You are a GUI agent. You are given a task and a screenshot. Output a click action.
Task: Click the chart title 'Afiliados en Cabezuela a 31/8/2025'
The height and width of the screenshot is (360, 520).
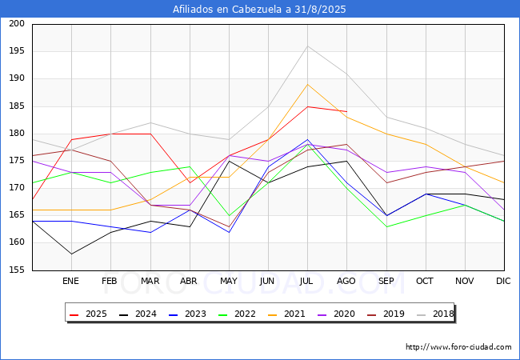(260, 9)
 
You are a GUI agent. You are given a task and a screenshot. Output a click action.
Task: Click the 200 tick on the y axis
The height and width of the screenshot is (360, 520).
(17, 24)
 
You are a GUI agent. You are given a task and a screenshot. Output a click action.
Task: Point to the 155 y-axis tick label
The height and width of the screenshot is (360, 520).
(17, 270)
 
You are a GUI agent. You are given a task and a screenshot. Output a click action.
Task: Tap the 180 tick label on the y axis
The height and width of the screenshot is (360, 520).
(17, 134)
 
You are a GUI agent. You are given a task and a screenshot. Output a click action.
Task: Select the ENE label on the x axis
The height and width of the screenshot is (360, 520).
(71, 282)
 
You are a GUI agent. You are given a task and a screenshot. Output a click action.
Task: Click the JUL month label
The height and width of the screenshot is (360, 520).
(307, 282)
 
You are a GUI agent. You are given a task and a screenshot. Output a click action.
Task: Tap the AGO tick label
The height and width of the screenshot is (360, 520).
(346, 282)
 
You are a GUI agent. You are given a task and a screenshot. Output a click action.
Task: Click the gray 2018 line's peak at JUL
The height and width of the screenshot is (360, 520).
(307, 46)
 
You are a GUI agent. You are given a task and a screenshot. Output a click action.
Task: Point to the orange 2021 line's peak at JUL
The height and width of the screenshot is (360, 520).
(307, 84)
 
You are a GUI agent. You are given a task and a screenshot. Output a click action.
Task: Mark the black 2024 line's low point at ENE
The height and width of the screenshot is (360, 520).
(71, 254)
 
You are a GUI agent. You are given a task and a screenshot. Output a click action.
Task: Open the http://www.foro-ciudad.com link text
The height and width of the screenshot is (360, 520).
(458, 347)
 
